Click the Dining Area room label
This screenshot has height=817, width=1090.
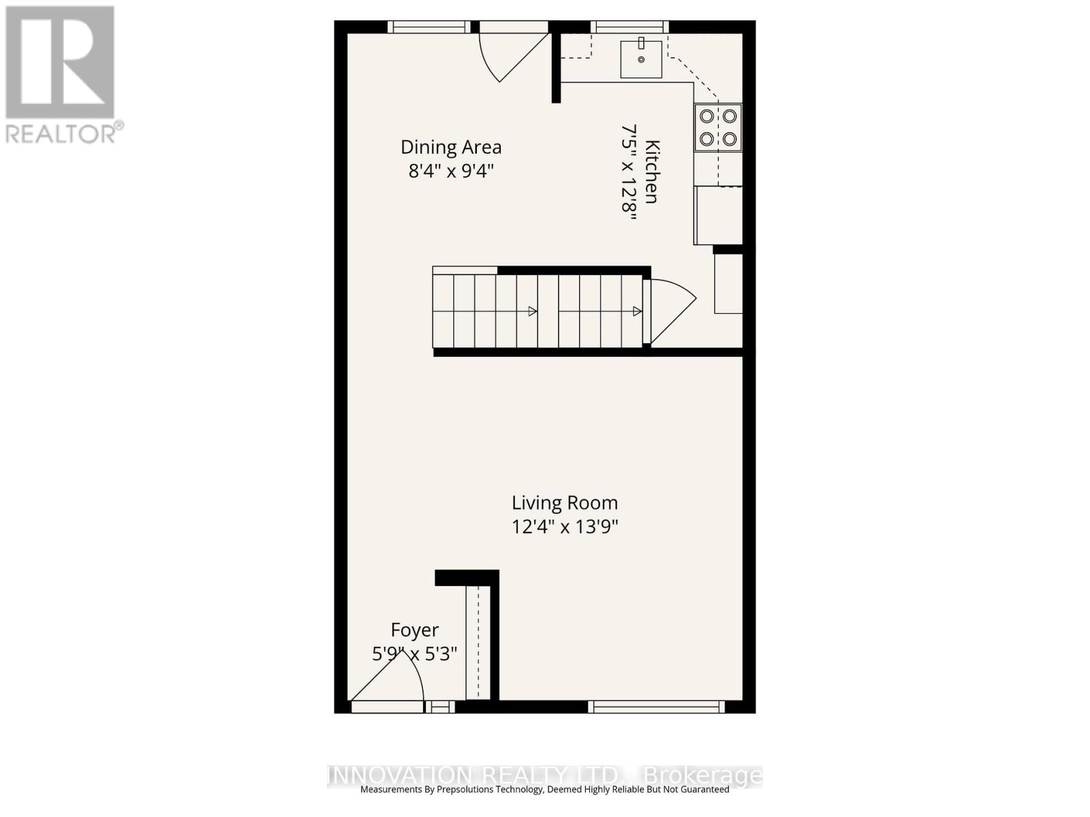[x=450, y=147]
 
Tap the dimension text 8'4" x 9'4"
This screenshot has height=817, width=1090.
[x=450, y=170]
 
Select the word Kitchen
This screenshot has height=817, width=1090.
[x=652, y=172]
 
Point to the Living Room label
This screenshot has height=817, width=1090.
[x=565, y=503]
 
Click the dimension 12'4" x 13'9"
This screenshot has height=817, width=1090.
[x=565, y=526]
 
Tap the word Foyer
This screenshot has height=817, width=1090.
[x=414, y=630]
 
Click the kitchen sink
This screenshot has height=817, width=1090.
[x=641, y=59]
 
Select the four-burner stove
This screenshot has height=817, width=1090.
[x=718, y=127]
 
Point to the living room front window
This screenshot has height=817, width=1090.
[x=656, y=707]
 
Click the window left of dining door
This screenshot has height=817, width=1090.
[x=429, y=27]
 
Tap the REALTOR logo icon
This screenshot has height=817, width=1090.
[x=60, y=62]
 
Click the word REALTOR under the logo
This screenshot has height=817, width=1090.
[x=60, y=133]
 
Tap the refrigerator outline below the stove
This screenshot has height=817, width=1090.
[x=719, y=214]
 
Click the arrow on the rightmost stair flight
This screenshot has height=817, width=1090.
[x=637, y=311]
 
